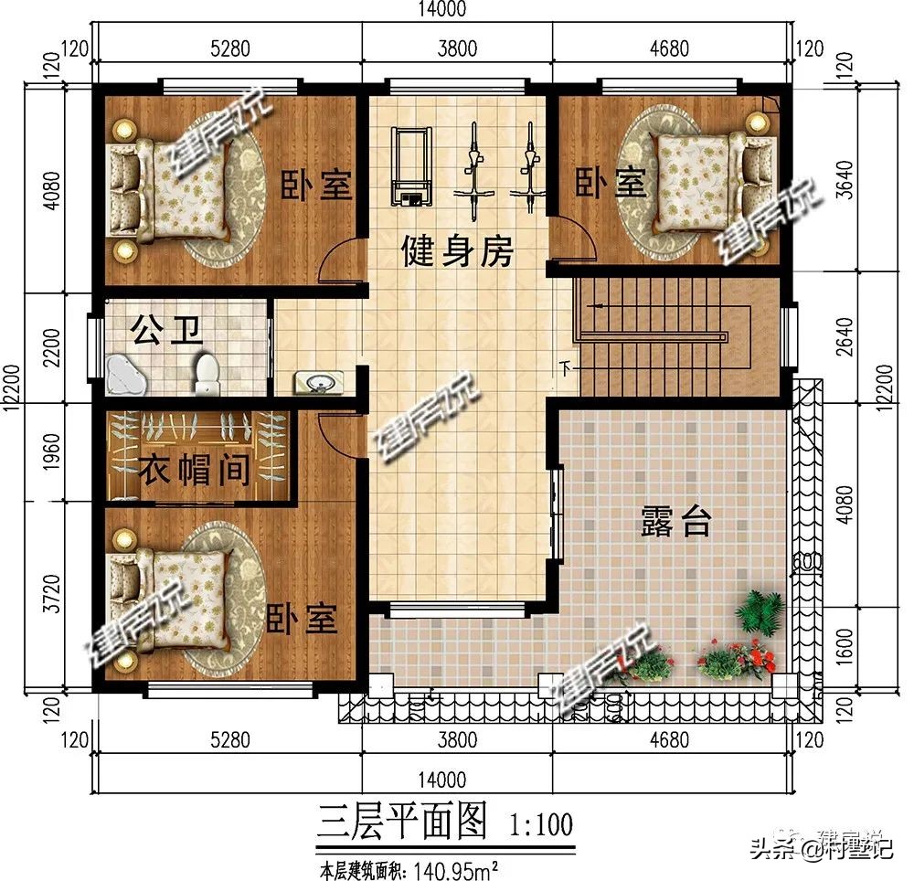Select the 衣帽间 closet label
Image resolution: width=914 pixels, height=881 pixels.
point(194,472)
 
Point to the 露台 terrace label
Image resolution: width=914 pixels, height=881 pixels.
point(674,524)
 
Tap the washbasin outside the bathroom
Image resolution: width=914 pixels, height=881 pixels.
point(319,382)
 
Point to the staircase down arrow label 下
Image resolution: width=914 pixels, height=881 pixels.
point(566,369)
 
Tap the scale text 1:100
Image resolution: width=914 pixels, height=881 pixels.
point(540,825)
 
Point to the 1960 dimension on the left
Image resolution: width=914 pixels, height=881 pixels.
point(52,453)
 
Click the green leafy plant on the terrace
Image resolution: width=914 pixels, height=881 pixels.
point(753,609)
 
